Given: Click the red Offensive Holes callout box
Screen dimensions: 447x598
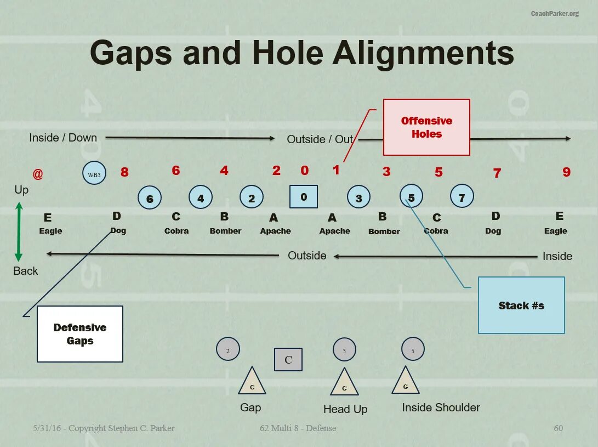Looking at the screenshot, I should click(426, 127).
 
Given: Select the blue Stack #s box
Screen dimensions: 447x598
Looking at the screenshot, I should click(521, 305).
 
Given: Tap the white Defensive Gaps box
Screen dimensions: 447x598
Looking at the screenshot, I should click(80, 334).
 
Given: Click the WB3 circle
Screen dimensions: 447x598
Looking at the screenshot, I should click(94, 174).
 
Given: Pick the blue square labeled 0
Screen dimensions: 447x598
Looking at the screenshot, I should click(304, 197).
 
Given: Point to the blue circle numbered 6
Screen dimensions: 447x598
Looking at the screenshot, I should click(150, 199).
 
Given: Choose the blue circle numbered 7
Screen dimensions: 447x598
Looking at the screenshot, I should click(462, 197).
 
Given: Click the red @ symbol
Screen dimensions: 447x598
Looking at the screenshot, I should click(37, 174).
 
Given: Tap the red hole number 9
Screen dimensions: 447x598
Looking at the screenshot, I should click(566, 172).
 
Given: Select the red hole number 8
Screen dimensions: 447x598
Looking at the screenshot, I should click(124, 172).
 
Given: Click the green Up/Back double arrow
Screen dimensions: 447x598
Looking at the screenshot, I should click(19, 231).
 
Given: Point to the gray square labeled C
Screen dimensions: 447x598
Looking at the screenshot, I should click(288, 360).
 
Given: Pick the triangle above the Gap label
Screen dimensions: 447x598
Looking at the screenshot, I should click(252, 381).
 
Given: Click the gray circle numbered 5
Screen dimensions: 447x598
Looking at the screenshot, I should click(413, 349).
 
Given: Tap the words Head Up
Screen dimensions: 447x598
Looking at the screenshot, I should click(345, 409).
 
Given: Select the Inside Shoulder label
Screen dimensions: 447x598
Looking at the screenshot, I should click(441, 408).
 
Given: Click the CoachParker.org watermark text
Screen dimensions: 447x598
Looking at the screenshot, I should click(554, 14).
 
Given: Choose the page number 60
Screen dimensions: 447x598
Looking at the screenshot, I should click(558, 428).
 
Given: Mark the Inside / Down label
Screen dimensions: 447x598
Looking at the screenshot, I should click(63, 138).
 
